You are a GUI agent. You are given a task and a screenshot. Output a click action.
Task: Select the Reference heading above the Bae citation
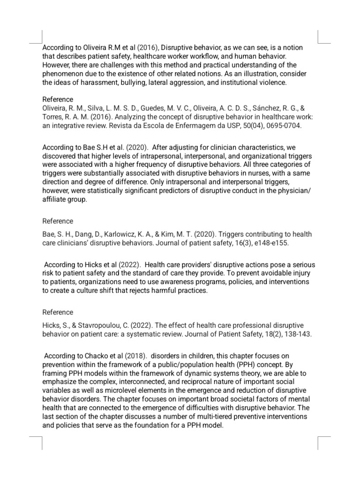58,221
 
